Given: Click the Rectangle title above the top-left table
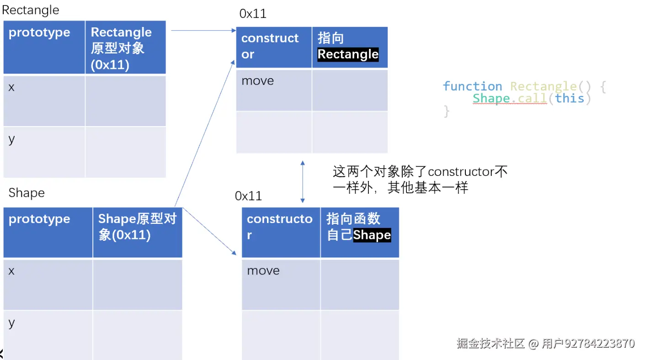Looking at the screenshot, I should (x=31, y=10).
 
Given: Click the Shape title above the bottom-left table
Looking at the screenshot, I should (x=27, y=193).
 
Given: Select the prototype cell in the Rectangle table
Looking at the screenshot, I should (x=44, y=47).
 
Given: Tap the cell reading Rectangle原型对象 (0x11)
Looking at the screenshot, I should (x=125, y=48).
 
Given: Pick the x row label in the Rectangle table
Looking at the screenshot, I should (x=11, y=88).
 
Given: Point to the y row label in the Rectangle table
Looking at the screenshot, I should (x=11, y=139).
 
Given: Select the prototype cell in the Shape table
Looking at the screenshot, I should (x=48, y=232).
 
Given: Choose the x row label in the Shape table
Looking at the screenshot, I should (x=11, y=271).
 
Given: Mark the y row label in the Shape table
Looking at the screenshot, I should (x=11, y=323).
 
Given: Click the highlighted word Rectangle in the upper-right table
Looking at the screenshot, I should (x=348, y=54).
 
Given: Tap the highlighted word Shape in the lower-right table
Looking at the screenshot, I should (x=372, y=235).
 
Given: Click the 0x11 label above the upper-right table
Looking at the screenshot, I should (x=253, y=14).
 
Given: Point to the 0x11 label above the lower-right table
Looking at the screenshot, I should (x=248, y=196).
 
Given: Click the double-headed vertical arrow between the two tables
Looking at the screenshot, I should (x=302, y=181).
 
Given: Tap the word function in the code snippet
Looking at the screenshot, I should (x=472, y=86).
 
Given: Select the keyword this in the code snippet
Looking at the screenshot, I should (x=570, y=98).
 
